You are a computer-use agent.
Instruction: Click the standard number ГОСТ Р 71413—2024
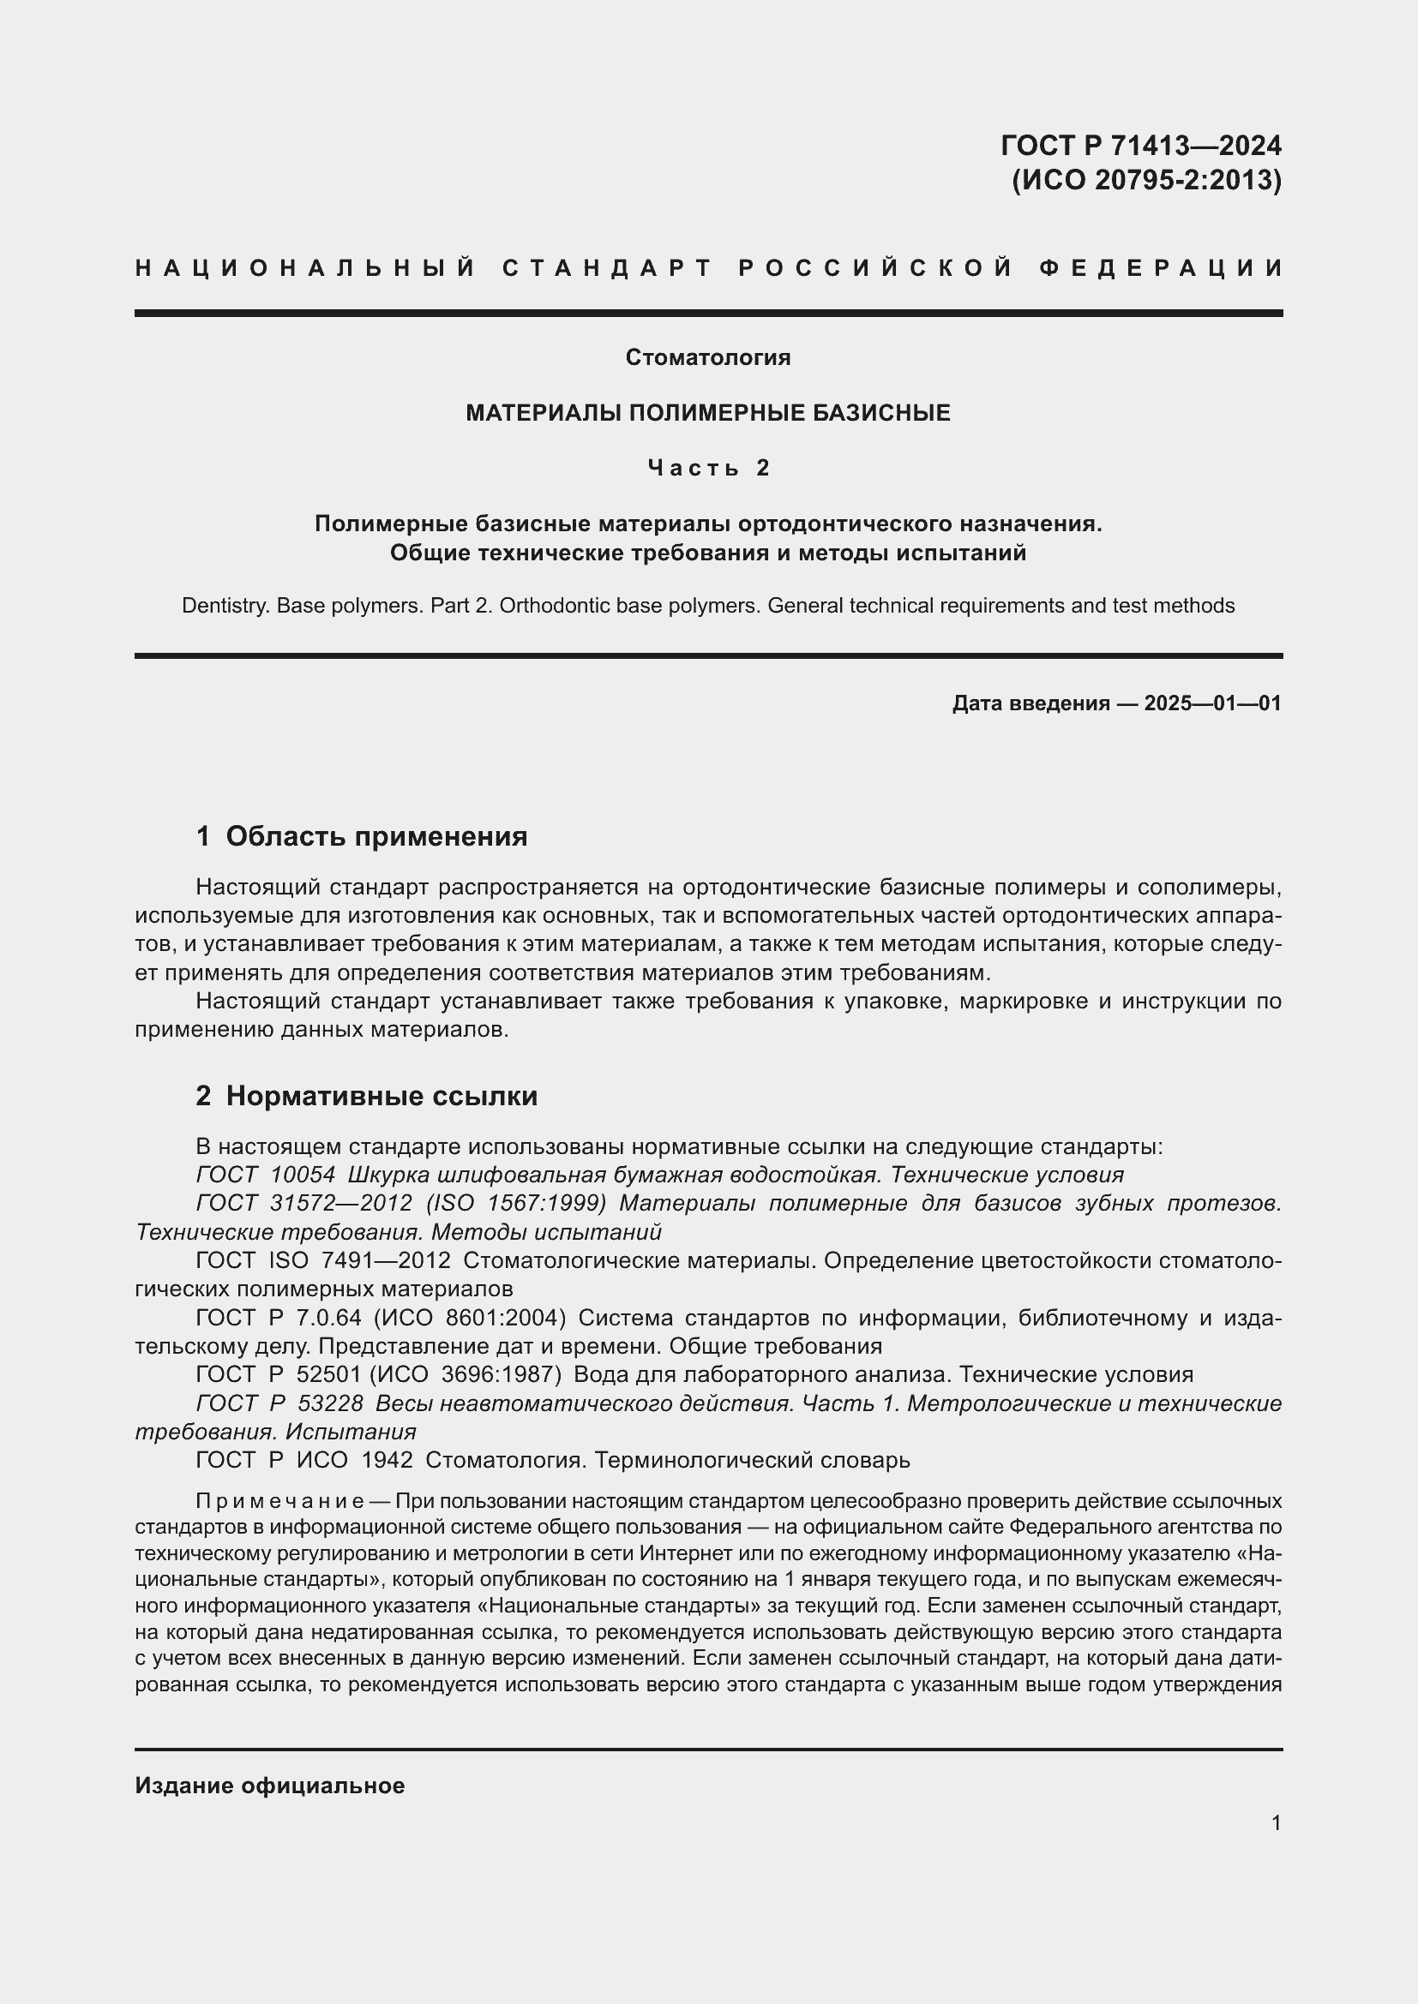(x=1140, y=145)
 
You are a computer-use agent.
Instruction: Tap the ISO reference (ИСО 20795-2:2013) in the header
(x=1145, y=180)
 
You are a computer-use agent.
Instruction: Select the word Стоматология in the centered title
(x=708, y=357)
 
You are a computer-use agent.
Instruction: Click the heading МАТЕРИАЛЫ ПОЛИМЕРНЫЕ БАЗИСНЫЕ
(x=708, y=413)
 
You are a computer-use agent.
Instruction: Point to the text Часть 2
(x=708, y=469)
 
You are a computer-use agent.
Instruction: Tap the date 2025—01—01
(x=1212, y=703)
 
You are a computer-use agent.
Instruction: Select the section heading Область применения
(x=376, y=836)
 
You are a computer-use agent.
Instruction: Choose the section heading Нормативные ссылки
(x=382, y=1096)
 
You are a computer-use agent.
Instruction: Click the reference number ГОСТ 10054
(x=266, y=1175)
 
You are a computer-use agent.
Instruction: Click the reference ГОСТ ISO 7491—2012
(x=323, y=1260)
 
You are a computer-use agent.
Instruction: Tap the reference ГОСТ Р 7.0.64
(x=278, y=1317)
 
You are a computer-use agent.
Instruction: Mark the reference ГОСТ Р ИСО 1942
(x=303, y=1460)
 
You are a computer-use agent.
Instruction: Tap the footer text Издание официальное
(x=270, y=1786)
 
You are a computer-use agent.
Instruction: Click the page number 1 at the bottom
(x=1277, y=1823)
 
